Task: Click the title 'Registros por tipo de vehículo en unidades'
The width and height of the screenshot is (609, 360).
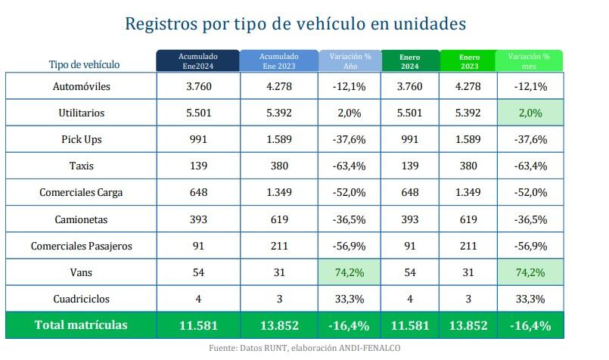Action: pyautogui.click(x=294, y=24)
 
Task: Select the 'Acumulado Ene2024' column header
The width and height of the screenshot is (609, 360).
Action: pyautogui.click(x=197, y=61)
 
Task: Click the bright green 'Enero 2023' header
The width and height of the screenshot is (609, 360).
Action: pyautogui.click(x=468, y=61)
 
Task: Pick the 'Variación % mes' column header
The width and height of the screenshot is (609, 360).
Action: pyautogui.click(x=529, y=61)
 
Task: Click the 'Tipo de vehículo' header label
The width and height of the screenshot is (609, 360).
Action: pyautogui.click(x=84, y=65)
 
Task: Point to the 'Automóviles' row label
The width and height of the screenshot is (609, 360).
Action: pyautogui.click(x=82, y=86)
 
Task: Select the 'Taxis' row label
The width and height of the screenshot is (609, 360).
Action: pyautogui.click(x=82, y=166)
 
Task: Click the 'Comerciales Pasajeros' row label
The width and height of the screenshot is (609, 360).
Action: pyautogui.click(x=82, y=246)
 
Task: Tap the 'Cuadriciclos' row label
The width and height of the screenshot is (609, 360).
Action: pyautogui.click(x=82, y=299)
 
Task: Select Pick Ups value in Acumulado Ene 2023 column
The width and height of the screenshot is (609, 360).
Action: pyautogui.click(x=279, y=139)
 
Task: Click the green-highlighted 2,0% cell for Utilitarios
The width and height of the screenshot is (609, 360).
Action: pyautogui.click(x=529, y=113)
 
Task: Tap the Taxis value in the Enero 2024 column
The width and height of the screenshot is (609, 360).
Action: pyautogui.click(x=409, y=166)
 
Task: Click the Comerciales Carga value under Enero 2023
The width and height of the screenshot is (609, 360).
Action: pyautogui.click(x=468, y=192)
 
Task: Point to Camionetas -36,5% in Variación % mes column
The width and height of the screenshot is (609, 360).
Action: pyautogui.click(x=529, y=219)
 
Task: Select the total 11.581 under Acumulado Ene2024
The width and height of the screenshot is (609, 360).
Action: pyautogui.click(x=197, y=325)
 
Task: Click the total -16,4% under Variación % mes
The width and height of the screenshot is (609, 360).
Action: pyautogui.click(x=529, y=325)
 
